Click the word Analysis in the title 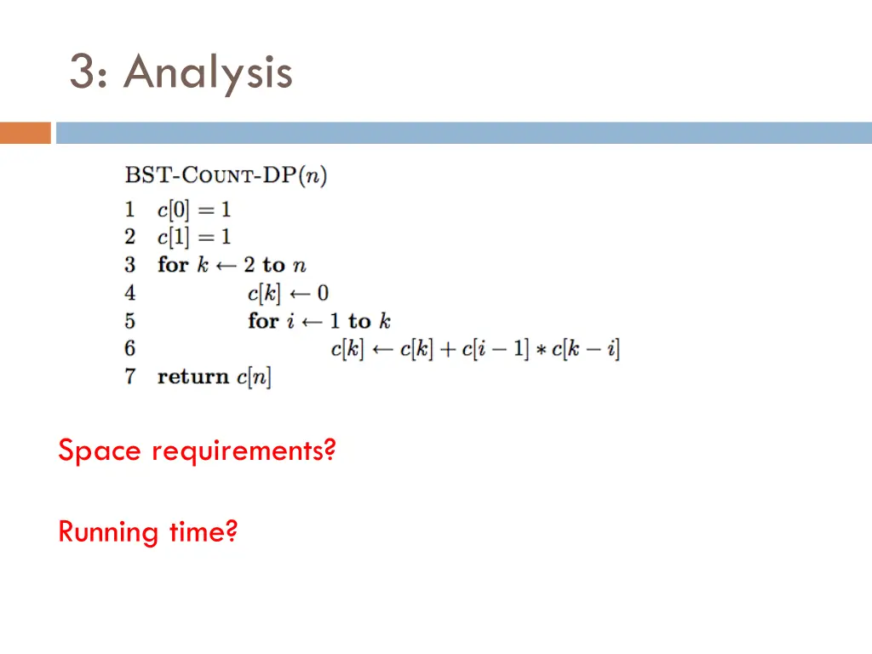pyautogui.click(x=208, y=72)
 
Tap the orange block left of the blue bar pyautogui.click(x=25, y=133)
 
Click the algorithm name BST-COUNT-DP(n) pyautogui.click(x=226, y=176)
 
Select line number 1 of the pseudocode pyautogui.click(x=129, y=209)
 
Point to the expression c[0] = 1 pyautogui.click(x=194, y=209)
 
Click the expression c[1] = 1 pyautogui.click(x=194, y=237)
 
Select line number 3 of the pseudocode pyautogui.click(x=129, y=265)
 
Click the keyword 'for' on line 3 pyautogui.click(x=172, y=265)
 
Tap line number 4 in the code pyautogui.click(x=129, y=293)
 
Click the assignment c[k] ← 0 pyautogui.click(x=288, y=293)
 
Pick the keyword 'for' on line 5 pyautogui.click(x=263, y=321)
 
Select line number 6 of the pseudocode pyautogui.click(x=129, y=348)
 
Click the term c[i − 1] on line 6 pyautogui.click(x=495, y=349)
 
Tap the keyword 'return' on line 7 pyautogui.click(x=193, y=376)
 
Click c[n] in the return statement pyautogui.click(x=254, y=376)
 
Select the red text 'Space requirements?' pyautogui.click(x=197, y=450)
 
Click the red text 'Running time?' pyautogui.click(x=147, y=532)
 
